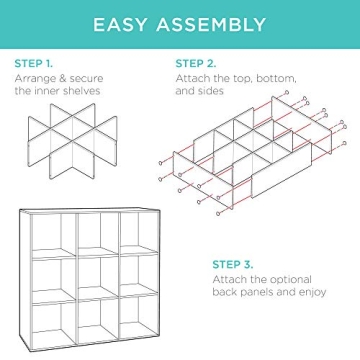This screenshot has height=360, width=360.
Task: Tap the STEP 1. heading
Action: click(35, 62)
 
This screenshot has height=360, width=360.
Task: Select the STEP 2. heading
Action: click(196, 62)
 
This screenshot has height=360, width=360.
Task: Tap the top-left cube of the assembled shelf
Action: click(52, 233)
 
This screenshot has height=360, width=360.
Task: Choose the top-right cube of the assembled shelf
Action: click(139, 233)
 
